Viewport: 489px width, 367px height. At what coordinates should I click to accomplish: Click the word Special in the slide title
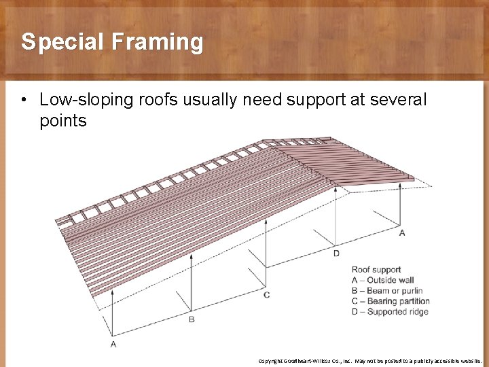[x=62, y=42]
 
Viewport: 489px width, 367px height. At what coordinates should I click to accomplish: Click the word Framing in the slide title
[x=158, y=42]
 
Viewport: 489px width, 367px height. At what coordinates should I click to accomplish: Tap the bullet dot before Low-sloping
[x=24, y=101]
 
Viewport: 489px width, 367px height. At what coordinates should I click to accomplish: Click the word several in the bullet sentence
[x=398, y=101]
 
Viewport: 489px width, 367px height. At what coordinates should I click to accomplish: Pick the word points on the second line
[x=63, y=121]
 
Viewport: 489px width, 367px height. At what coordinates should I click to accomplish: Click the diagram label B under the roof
[x=191, y=319]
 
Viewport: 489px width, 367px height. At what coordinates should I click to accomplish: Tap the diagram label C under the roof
[x=266, y=294]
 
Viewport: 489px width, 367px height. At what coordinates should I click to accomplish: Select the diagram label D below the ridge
[x=336, y=254]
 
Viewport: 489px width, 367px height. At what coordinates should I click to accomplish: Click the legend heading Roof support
[x=376, y=270]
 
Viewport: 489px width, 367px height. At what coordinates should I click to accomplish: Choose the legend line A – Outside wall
[x=382, y=280]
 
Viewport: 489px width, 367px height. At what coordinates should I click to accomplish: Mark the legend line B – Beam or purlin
[x=388, y=291]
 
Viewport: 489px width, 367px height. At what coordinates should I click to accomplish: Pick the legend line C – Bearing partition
[x=391, y=301]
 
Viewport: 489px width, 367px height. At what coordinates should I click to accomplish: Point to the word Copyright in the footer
[x=270, y=361]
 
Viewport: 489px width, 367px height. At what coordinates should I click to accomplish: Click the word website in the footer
[x=468, y=361]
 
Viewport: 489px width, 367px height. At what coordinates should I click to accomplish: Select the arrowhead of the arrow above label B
[x=191, y=257]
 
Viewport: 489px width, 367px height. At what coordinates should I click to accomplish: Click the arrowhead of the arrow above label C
[x=266, y=222]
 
